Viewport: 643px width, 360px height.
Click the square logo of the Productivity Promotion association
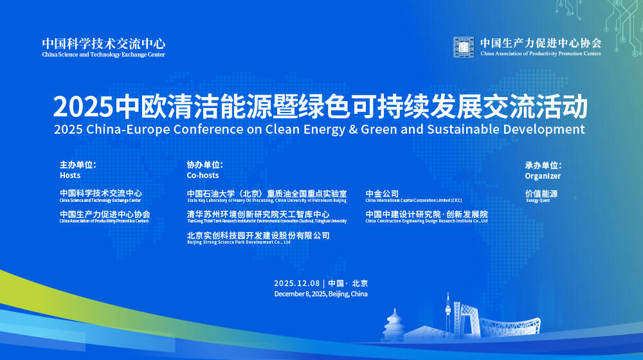[464, 47]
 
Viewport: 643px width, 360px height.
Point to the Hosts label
[70, 175]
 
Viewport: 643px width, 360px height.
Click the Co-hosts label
[203, 175]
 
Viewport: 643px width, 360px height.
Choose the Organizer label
[543, 176]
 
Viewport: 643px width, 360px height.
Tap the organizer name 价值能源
[541, 194]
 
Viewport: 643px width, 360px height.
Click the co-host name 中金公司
[382, 194]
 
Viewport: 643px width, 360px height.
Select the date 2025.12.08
[296, 283]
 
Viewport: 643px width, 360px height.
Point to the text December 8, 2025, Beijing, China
[321, 294]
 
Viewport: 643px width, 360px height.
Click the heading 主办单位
[78, 165]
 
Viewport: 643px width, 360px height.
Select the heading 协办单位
[205, 165]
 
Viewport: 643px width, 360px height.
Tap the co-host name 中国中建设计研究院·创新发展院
[426, 214]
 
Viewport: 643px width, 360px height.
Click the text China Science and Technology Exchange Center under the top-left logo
[104, 55]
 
